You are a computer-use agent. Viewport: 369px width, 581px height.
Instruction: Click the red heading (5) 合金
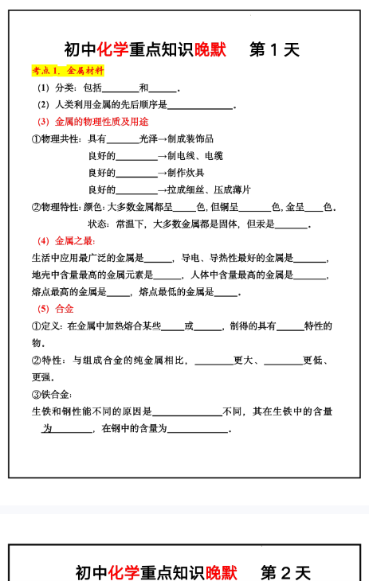(x=56, y=309)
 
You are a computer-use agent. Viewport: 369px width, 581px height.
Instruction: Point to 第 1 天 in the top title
(x=274, y=49)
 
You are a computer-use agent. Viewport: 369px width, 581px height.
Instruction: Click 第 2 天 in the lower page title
(x=285, y=572)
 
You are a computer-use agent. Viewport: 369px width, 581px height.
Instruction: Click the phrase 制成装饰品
(x=190, y=138)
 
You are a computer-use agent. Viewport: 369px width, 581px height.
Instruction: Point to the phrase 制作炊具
(x=186, y=173)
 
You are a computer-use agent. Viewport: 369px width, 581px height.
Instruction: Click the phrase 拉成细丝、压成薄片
(x=208, y=189)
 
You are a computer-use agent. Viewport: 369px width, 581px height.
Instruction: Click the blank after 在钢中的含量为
(x=198, y=429)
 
